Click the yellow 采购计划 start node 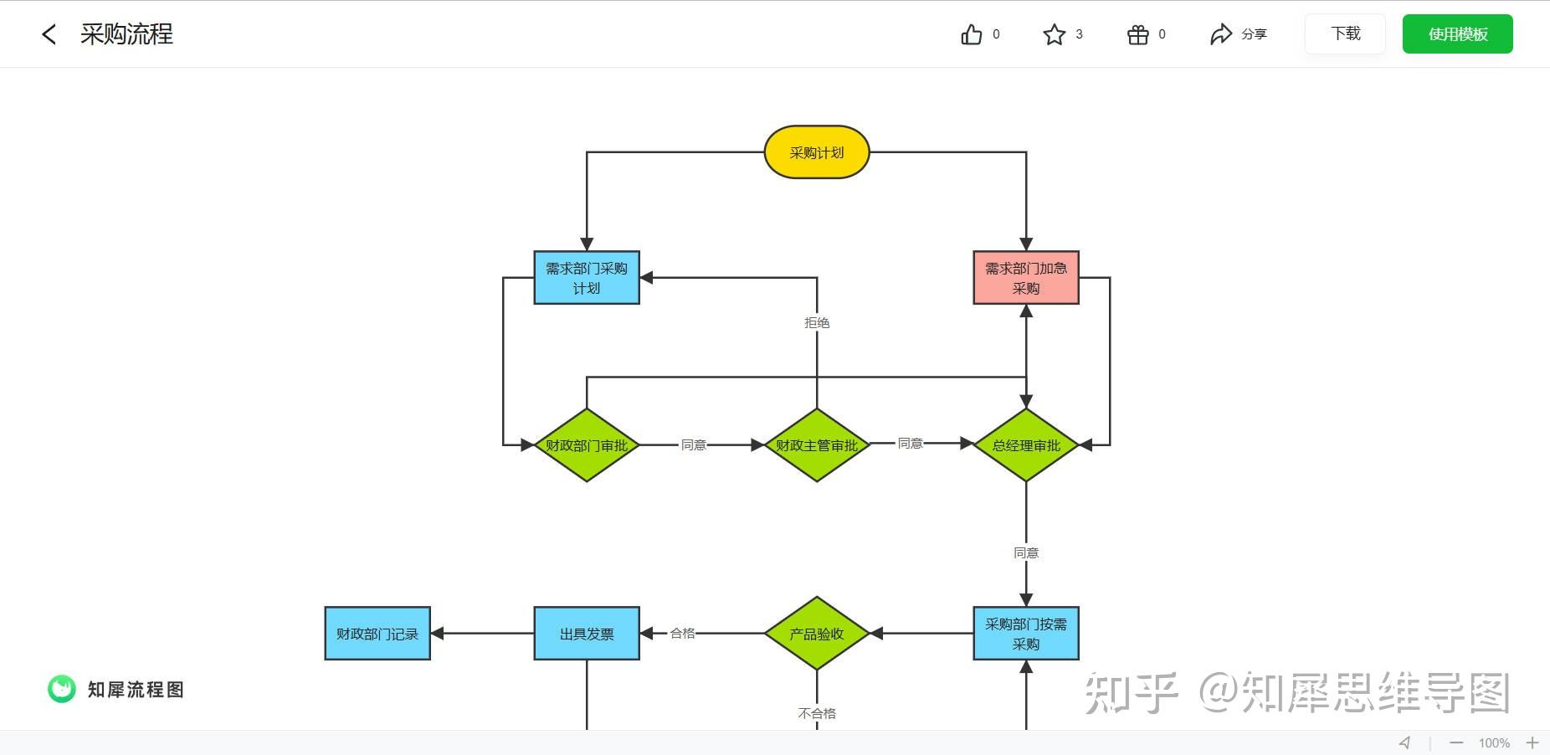pos(816,152)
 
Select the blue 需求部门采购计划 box pos(586,278)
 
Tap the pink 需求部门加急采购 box pos(1025,278)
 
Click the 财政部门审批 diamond pos(586,445)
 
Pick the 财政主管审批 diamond pos(816,445)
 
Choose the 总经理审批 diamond pos(1025,445)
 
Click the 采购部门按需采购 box pos(1025,634)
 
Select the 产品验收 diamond pos(816,634)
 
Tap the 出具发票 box pos(586,634)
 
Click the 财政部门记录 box pos(377,634)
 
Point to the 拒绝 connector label pos(816,323)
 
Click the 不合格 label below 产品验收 pos(816,713)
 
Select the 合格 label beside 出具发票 pos(682,634)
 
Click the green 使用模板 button pos(1457,34)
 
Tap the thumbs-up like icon pos(971,34)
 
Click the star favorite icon pos(1054,34)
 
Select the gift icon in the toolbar pos(1137,34)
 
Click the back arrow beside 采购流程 pos(49,34)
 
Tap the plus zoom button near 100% pos(1532,742)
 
